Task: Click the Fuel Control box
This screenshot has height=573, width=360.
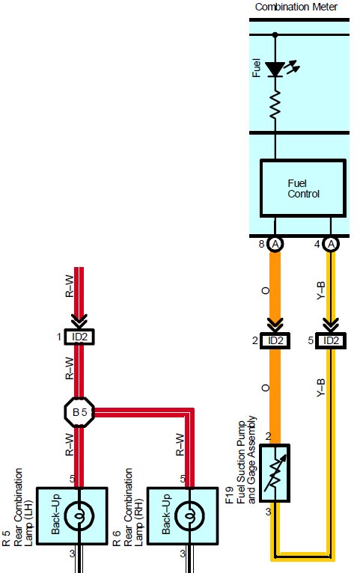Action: pos(303,189)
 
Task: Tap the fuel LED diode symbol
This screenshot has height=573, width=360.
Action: pos(275,70)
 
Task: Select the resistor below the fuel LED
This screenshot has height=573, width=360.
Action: pos(275,104)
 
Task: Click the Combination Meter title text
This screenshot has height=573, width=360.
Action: pos(296,7)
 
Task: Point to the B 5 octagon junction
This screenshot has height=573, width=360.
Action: pos(79,412)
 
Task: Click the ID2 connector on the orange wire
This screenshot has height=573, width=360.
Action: pos(275,340)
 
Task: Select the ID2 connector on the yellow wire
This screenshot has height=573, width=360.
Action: pos(331,340)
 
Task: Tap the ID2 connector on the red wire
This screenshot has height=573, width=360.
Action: pos(79,337)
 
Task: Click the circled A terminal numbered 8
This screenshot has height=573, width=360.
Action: pos(275,244)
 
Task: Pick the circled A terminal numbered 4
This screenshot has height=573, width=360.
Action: pos(331,244)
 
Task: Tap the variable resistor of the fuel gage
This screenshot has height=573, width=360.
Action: pos(275,473)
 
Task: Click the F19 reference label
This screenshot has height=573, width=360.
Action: pos(229,495)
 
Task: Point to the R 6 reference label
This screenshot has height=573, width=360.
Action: pos(116,538)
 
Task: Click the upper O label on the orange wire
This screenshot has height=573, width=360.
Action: pos(266,290)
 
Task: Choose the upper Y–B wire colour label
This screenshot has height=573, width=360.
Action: pos(320,291)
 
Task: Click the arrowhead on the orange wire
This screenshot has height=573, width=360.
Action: pos(275,323)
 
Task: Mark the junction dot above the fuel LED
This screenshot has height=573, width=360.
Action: pos(275,34)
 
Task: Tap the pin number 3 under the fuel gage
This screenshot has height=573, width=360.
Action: pos(268,512)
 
